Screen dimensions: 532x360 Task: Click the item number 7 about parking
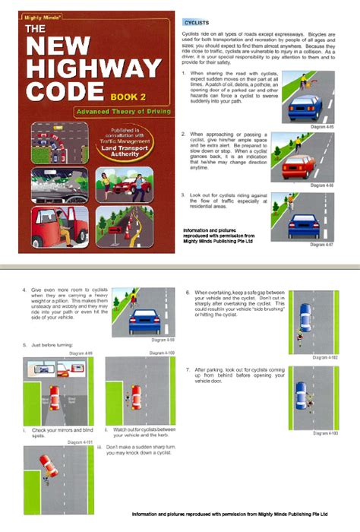click(x=188, y=369)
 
